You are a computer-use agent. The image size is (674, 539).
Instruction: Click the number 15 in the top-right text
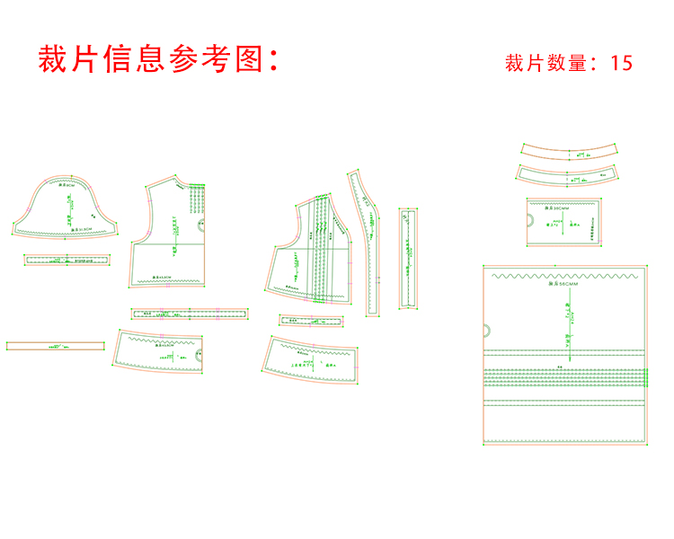621,63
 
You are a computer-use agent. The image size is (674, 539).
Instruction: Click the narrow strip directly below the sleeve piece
68,260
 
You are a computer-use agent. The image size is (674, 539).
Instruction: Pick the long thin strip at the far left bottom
58,345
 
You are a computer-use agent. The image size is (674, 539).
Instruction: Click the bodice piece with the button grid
171,238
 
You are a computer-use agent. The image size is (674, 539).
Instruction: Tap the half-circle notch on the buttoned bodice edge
199,228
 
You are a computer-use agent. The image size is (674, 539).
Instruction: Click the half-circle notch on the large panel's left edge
487,331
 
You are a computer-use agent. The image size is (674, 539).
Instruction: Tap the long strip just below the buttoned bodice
189,314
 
